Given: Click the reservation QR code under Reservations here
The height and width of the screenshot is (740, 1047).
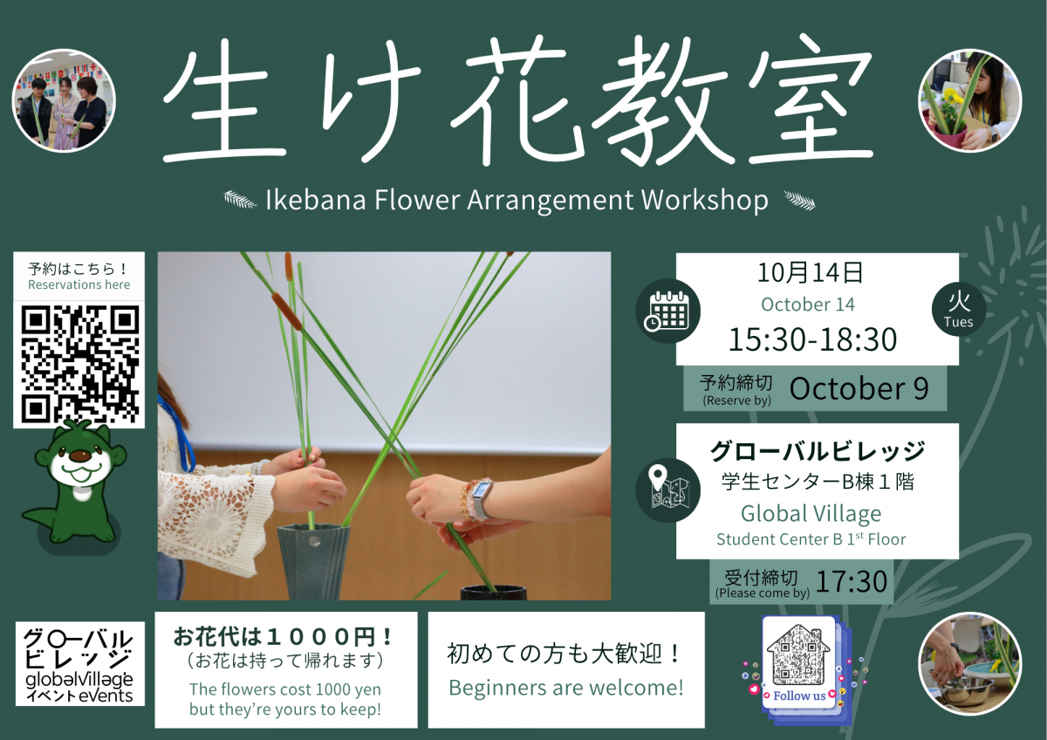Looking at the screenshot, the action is coord(80,364).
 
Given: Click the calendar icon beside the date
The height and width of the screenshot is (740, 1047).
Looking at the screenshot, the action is coord(668,311).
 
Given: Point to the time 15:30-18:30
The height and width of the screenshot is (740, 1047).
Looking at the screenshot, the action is coord(813,339).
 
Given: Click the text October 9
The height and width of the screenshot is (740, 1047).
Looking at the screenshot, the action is coord(859,388).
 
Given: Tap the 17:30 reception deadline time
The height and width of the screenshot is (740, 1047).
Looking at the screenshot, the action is coord(852,581).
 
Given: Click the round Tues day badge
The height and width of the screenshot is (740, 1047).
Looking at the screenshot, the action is coord(959,309).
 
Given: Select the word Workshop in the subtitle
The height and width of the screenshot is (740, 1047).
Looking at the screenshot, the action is coord(704,201).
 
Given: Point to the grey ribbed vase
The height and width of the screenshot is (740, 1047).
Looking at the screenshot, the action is coord(313,561).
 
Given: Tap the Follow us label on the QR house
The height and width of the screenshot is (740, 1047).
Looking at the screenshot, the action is coord(799,696).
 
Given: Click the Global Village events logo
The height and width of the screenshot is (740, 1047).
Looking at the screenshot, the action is coord(80,664).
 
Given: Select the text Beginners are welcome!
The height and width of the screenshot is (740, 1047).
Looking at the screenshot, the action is coord(566,688).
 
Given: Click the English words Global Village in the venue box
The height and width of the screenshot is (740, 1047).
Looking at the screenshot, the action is coord(811,514).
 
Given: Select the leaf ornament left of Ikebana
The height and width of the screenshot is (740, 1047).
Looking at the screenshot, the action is coord(240,199).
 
